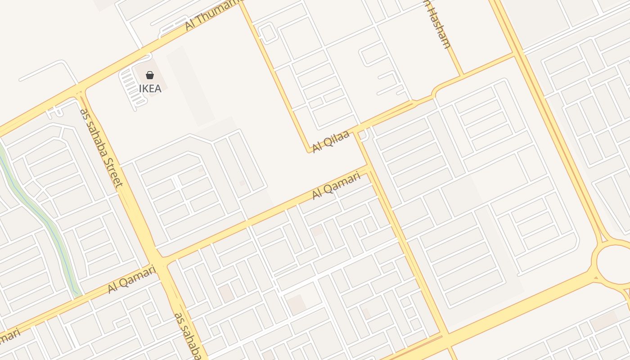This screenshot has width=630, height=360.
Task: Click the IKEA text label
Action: pos(150,88)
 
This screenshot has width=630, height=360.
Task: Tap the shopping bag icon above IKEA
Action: pos(150,75)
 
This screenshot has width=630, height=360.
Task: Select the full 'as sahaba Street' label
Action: pos(101,148)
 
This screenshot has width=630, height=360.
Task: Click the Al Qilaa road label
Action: pos(331,141)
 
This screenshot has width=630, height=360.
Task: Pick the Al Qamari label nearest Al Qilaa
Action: pos(337,185)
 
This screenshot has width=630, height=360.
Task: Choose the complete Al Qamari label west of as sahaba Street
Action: pos(132,279)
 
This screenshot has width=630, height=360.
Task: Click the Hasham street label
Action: pos(437,27)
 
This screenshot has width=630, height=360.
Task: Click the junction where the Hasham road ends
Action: pos(461,75)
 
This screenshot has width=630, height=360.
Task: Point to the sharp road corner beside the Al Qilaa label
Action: pos(310,152)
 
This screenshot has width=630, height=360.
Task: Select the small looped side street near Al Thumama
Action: pos(267,34)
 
